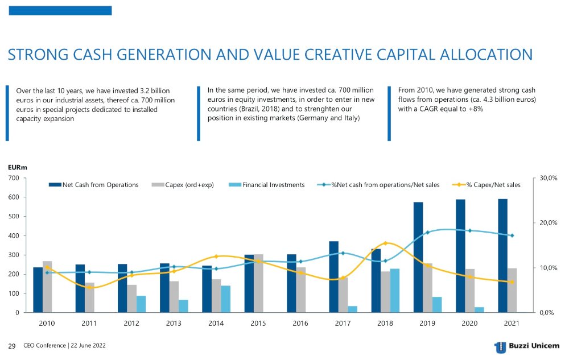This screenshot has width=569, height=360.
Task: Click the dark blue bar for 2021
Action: (502, 255)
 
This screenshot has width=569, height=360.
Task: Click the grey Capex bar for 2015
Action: (258, 283)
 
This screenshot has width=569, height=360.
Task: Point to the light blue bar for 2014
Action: (225, 299)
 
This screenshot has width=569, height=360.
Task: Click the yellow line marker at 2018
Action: (385, 243)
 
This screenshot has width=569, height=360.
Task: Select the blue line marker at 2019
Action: (427, 232)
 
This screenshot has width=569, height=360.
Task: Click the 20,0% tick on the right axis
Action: (548, 223)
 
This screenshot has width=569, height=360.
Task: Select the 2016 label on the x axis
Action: (300, 324)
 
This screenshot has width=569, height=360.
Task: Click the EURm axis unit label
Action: (17, 168)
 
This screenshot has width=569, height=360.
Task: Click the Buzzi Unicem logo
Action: (526, 346)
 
